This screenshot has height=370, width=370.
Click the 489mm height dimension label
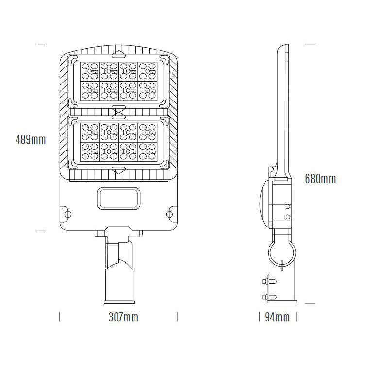tap(31, 140)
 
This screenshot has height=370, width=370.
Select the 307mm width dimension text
tap(123, 318)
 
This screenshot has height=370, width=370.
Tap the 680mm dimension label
tap(320, 179)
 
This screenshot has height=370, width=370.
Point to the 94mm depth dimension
tap(277, 318)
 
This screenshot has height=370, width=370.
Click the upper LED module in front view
tap(118, 81)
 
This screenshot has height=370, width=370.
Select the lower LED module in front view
tap(118, 142)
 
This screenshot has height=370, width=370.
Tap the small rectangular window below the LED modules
tap(118, 198)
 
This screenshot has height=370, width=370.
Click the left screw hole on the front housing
tap(67, 213)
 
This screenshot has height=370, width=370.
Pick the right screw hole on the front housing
tap(169, 213)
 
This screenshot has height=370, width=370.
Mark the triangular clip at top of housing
tap(118, 51)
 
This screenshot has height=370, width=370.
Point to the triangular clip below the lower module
tap(118, 169)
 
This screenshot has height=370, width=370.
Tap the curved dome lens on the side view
tap(264, 201)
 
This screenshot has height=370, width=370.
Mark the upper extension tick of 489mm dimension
tap(41, 44)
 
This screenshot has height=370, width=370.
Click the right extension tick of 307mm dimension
tap(177, 317)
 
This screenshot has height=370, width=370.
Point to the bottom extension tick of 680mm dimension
tap(309, 303)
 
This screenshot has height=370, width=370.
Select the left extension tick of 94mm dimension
tap(259, 317)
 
